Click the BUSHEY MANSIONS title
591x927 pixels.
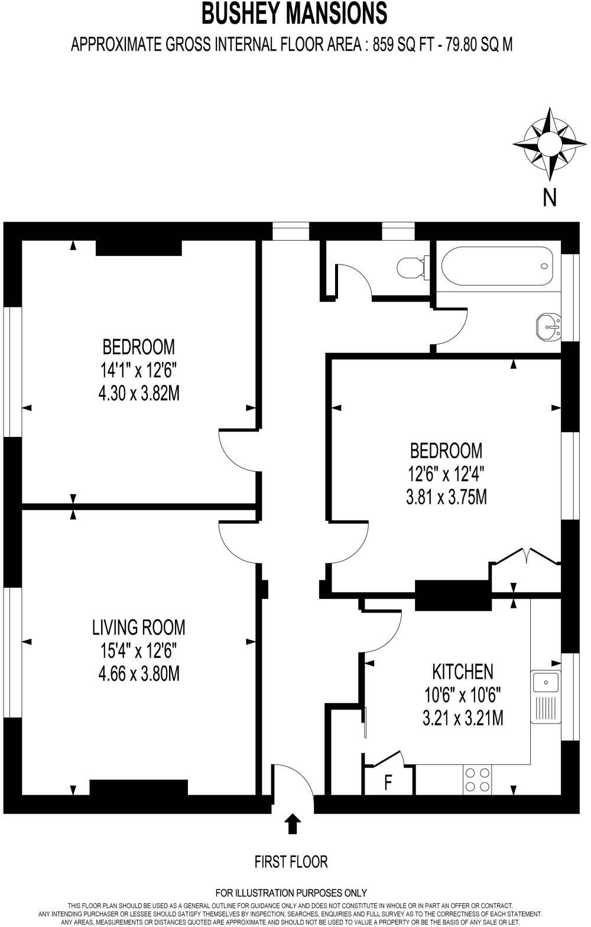point(294,14)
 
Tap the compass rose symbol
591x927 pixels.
point(550,144)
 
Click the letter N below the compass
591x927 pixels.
point(550,197)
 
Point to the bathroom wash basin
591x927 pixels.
point(549,326)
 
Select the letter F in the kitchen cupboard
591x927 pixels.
point(388,782)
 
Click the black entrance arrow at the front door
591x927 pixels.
point(292,823)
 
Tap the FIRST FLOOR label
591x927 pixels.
point(291,861)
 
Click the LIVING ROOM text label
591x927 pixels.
point(138,627)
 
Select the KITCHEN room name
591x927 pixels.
point(463,672)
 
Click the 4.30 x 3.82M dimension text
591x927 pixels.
point(138,393)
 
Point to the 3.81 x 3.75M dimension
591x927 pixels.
point(446,498)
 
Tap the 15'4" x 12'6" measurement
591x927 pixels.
point(138,650)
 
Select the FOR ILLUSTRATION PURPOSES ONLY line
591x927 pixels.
point(291,893)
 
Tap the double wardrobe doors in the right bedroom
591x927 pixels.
point(526,559)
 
